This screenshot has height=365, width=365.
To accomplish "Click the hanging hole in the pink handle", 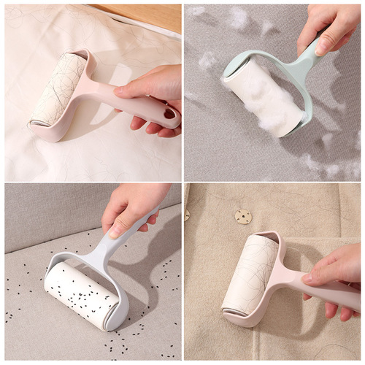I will pyautogui.click(x=170, y=114).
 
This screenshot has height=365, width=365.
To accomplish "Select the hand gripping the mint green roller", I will pyautogui.click(x=328, y=26).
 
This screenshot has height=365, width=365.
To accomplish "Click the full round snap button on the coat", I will pyautogui.click(x=242, y=216).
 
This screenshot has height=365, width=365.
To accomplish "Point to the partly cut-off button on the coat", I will pyautogui.click(x=187, y=215).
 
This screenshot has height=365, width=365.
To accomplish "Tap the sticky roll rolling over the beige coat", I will pyautogui.click(x=248, y=274).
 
